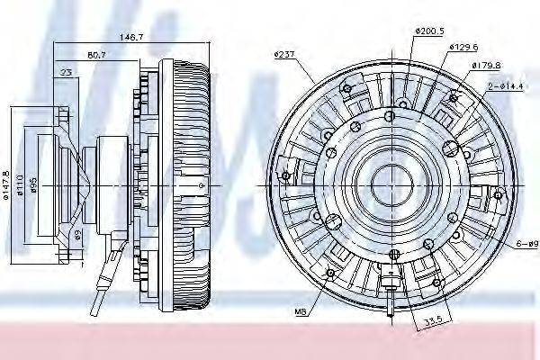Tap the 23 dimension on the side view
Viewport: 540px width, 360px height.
click(x=67, y=71)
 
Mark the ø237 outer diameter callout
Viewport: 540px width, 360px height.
click(x=284, y=55)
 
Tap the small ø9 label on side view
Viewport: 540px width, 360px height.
click(x=79, y=235)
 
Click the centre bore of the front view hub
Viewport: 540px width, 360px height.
click(x=383, y=184)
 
